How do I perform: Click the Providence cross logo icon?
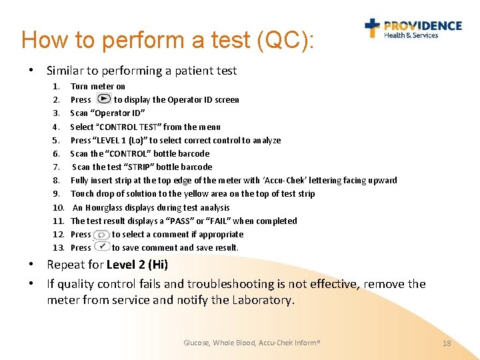[372, 28]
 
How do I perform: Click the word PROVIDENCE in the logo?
[423, 26]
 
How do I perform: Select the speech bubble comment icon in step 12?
[101, 235]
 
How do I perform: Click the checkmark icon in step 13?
[101, 247]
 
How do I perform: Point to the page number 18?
[447, 343]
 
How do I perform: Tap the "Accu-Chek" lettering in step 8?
[286, 180]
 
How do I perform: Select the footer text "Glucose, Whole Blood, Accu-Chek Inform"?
[251, 343]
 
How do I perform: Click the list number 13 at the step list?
[57, 247]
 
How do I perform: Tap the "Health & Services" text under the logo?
[411, 36]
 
